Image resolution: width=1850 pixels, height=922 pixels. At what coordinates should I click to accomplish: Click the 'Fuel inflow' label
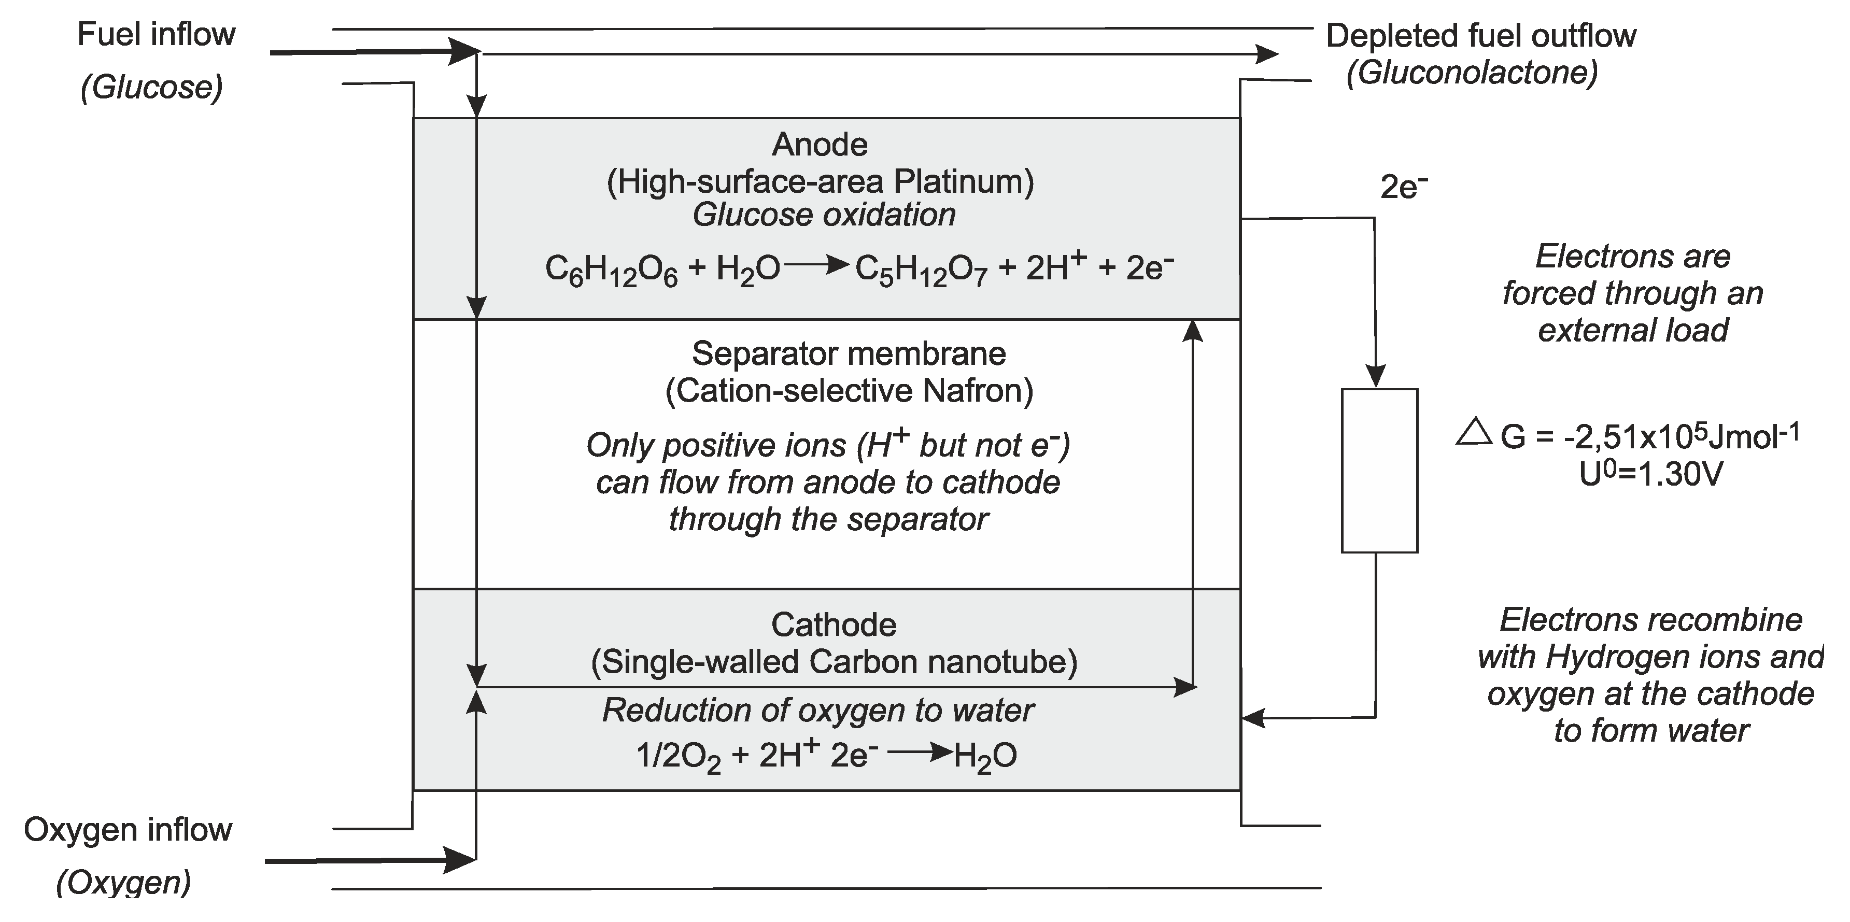coord(156,35)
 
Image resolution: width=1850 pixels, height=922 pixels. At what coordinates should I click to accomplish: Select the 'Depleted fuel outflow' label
coord(1481,36)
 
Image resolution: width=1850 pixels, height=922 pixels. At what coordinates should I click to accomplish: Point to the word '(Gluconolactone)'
coord(1472,73)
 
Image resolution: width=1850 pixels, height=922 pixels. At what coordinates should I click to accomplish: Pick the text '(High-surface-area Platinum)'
coord(820,182)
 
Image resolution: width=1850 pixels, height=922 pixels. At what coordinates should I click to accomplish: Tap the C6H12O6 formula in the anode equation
coord(611,271)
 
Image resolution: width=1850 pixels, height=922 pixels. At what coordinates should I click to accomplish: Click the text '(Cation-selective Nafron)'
coord(849,391)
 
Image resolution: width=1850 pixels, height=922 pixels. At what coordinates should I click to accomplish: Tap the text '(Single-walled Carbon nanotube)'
coord(834,662)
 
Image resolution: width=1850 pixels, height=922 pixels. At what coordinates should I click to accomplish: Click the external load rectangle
coord(1379,471)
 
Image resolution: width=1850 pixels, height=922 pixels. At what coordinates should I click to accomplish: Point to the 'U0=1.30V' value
coord(1650,474)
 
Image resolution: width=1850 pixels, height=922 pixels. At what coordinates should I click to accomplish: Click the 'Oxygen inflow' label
coord(128,830)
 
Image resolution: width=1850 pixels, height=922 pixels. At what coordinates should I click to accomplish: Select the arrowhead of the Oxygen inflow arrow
coord(460,859)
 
